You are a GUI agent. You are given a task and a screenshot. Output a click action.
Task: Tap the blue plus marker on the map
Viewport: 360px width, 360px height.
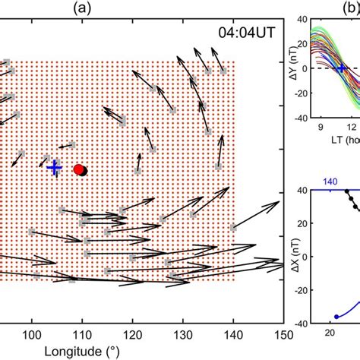tap(54, 167)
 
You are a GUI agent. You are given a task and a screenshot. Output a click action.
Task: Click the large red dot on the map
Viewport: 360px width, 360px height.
tap(78, 169)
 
